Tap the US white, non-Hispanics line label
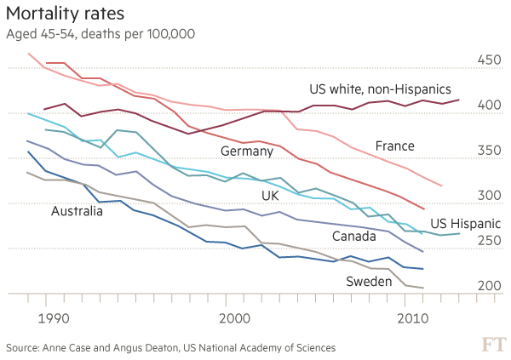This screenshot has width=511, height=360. pyautogui.click(x=380, y=89)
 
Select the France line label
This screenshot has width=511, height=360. pyautogui.click(x=394, y=146)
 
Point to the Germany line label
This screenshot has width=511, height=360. pyautogui.click(x=246, y=151)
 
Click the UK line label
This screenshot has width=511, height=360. pyautogui.click(x=270, y=196)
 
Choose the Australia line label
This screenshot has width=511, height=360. pyautogui.click(x=77, y=211)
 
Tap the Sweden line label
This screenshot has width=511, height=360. pyautogui.click(x=369, y=282)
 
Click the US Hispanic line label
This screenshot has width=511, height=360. pyautogui.click(x=465, y=224)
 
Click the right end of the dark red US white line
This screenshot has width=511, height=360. pyautogui.click(x=460, y=100)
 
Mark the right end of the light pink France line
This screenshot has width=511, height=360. pyautogui.click(x=442, y=186)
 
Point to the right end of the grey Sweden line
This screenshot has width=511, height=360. pyautogui.click(x=423, y=289)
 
